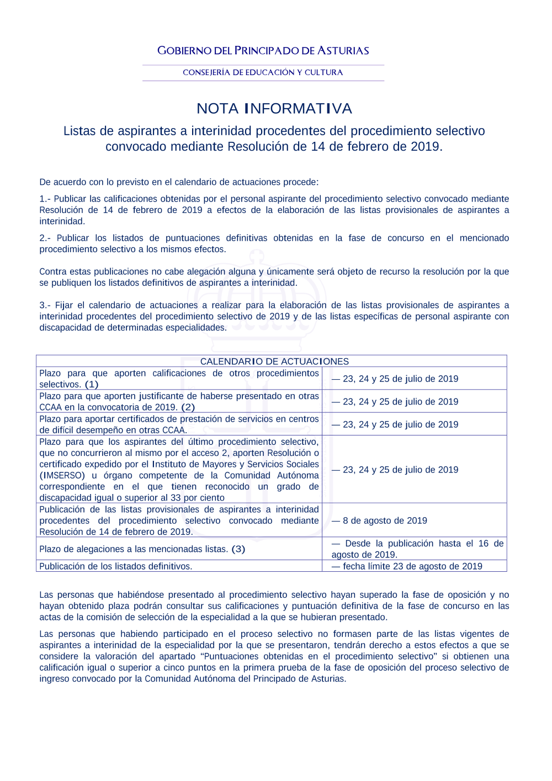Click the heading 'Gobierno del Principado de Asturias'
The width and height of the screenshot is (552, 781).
tap(263, 51)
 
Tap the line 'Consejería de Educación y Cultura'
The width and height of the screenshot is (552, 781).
tap(263, 72)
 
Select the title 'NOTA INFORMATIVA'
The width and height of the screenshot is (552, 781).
tap(274, 108)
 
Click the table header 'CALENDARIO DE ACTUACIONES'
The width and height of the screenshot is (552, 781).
tap(274, 362)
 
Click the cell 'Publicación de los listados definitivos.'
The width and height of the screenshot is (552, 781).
tap(116, 566)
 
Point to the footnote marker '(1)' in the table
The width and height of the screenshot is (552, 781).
tap(92, 385)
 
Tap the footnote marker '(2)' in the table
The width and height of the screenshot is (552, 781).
tap(188, 407)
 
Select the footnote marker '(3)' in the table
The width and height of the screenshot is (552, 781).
tap(238, 549)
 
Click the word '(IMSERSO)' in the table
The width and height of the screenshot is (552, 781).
tap(62, 475)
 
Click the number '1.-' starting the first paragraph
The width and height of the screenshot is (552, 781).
tap(45, 199)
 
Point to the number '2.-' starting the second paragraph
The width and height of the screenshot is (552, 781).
tap(45, 238)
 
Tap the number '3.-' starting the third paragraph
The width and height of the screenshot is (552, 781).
tap(45, 305)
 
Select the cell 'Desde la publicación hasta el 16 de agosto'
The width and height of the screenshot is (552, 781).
tap(417, 549)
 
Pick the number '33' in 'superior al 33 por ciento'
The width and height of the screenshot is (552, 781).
tap(176, 498)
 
